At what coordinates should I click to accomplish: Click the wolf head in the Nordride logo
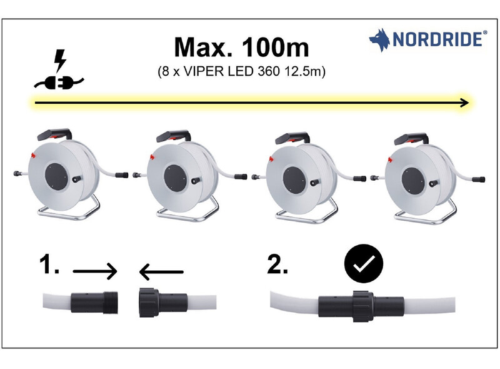pyautogui.click(x=380, y=40)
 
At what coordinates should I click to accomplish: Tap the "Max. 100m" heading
pyautogui.click(x=241, y=48)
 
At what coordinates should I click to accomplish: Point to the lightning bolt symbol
pyautogui.click(x=60, y=60)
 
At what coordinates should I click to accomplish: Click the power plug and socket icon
pyautogui.click(x=59, y=83)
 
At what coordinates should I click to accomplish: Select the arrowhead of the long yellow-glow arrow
pyautogui.click(x=464, y=103)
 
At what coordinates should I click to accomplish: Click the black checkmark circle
pyautogui.click(x=364, y=264)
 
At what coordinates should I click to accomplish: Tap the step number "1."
pyautogui.click(x=49, y=264)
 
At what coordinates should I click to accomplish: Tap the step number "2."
pyautogui.click(x=277, y=264)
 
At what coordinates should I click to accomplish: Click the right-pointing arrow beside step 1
pyautogui.click(x=95, y=271)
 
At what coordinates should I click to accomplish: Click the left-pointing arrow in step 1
pyautogui.click(x=161, y=272)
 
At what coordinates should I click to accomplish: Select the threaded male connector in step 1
pyautogui.click(x=95, y=303)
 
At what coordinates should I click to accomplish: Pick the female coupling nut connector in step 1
pyautogui.click(x=163, y=302)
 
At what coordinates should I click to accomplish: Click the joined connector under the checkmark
pyautogui.click(x=361, y=306)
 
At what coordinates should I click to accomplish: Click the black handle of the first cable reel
pyautogui.click(x=54, y=134)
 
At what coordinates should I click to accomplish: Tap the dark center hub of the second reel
pyautogui.click(x=175, y=178)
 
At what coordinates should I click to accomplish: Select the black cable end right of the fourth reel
pyautogui.click(x=479, y=179)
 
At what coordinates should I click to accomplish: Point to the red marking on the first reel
pyautogui.click(x=32, y=155)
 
